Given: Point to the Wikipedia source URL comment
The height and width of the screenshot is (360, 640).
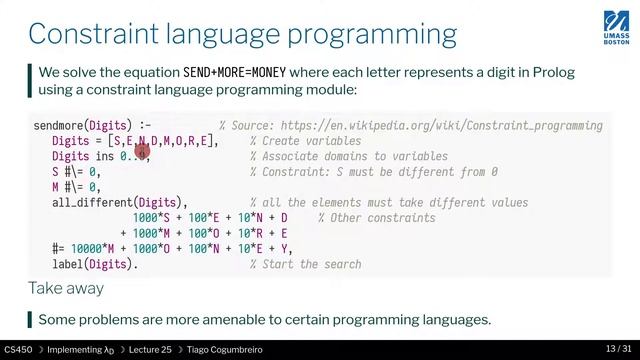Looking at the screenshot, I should pyautogui.click(x=410, y=126).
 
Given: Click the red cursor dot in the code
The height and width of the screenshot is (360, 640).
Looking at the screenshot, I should pyautogui.click(x=141, y=152).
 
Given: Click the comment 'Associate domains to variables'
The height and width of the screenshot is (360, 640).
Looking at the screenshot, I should pyautogui.click(x=349, y=157).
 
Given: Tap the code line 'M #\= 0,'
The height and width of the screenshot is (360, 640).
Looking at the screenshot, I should pyautogui.click(x=76, y=187).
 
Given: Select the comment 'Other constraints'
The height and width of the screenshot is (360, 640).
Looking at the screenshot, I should pyautogui.click(x=375, y=218).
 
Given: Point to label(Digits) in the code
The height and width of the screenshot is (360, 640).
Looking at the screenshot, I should pyautogui.click(x=94, y=264).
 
